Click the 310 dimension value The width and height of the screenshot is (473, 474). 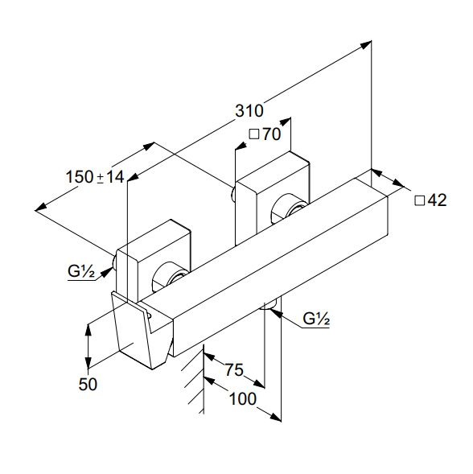pos(249,111)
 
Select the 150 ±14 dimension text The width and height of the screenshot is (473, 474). pos(95,177)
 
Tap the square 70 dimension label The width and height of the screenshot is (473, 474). pos(265,134)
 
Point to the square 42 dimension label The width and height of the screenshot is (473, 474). pos(430,200)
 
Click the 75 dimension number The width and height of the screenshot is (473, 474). pos(234,369)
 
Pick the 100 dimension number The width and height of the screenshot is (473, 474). pos(243,398)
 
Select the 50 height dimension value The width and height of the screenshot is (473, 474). pos(88,385)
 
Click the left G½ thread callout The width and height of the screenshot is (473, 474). pos(81,271)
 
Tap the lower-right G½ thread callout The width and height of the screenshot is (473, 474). pos(316,319)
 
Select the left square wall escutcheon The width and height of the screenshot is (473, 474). pos(154,261)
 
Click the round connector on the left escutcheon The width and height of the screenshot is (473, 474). pos(168,276)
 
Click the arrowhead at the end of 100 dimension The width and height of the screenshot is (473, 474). pos(276,417)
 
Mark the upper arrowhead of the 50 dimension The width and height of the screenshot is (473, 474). pos(88,330)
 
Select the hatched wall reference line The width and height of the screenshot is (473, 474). pos(204,379)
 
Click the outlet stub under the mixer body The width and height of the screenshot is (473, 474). pos(269,305)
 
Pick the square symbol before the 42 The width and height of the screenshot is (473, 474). pos(419,200)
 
